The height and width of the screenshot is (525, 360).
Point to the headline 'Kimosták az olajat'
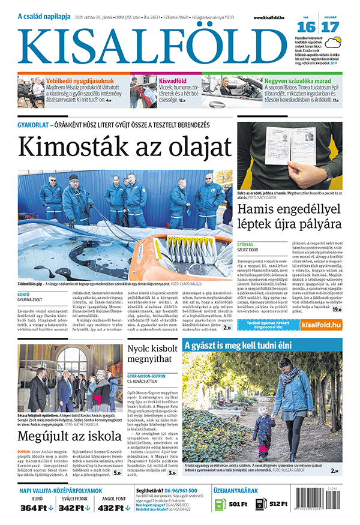coord(125,146)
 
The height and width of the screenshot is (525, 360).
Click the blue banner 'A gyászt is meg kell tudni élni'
coord(246,346)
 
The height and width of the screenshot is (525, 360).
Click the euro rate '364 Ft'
coord(37,508)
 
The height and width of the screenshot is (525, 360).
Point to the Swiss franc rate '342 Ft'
coord(76,508)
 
